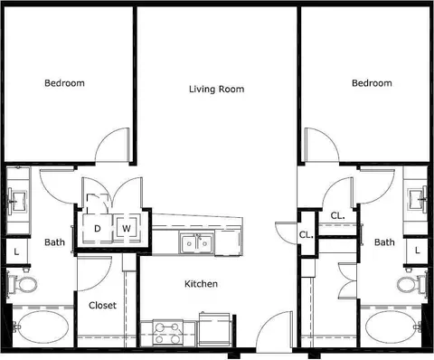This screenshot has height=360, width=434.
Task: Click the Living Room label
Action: click(x=216, y=90)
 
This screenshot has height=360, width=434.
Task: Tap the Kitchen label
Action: click(x=201, y=284)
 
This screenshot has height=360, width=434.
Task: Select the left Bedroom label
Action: click(x=64, y=83)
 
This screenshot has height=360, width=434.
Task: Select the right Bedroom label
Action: click(x=372, y=83)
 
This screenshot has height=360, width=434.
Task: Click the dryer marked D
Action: click(x=97, y=229)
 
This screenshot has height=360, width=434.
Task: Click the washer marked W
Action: click(x=127, y=228)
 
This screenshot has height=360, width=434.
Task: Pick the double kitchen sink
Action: click(x=197, y=242)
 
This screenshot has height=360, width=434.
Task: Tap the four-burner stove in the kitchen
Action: click(x=168, y=332)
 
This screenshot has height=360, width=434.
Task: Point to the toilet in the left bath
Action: click(x=22, y=284)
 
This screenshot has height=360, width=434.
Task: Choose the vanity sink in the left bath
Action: click(x=18, y=201)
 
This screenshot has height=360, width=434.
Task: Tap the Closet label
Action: click(x=102, y=306)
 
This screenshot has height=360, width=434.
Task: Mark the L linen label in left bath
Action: click(x=16, y=251)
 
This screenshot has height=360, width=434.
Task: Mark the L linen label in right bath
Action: click(x=417, y=251)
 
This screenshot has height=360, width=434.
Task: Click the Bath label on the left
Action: click(x=54, y=242)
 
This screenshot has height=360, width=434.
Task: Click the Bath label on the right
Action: click(x=384, y=242)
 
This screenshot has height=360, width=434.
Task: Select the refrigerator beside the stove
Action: click(x=214, y=329)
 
